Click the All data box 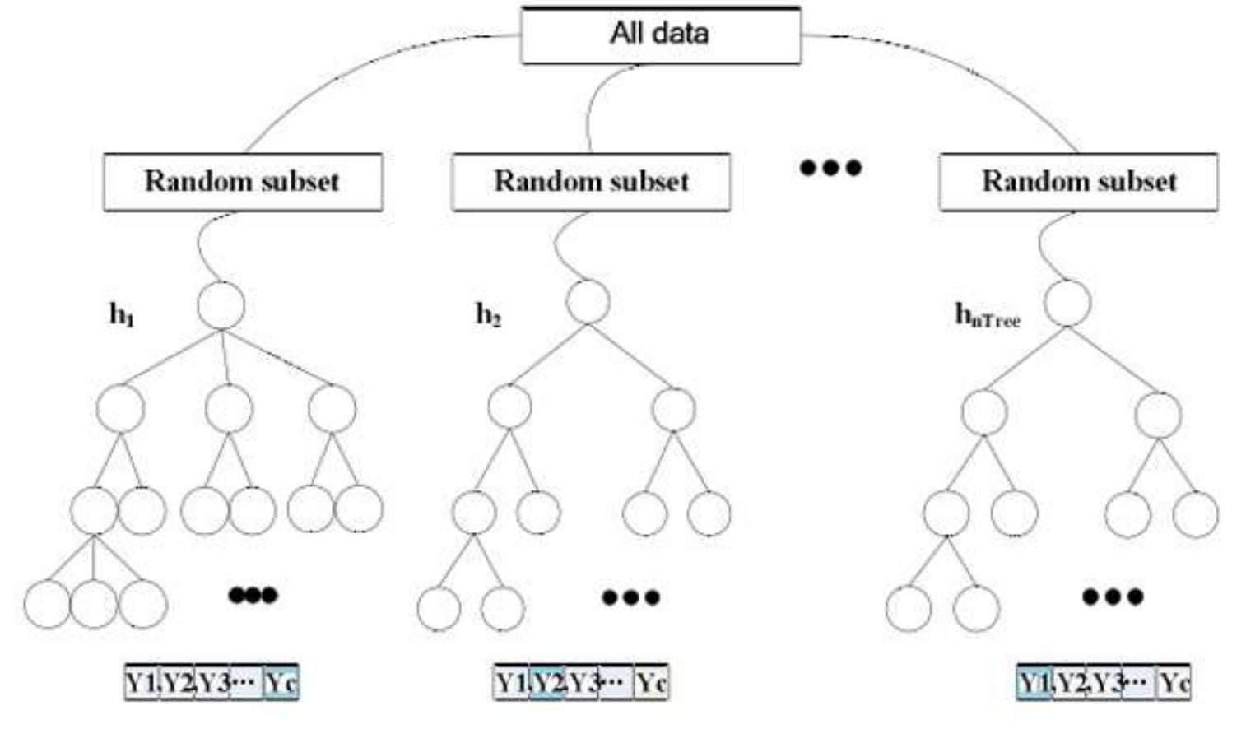660,35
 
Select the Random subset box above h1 243,182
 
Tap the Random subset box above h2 591,182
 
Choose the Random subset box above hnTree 1078,182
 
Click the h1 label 122,313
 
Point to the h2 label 488,313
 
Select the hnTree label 987,315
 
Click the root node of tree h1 221,306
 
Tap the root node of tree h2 588,302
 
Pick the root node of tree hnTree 1067,303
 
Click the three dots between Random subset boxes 830,168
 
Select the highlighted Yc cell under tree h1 281,682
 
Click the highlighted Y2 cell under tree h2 546,683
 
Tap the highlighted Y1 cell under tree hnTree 1033,683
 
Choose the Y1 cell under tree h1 140,682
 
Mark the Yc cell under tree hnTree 1174,683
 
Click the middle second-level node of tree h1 229,409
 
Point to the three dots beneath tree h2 630,597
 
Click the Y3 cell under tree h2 582,683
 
